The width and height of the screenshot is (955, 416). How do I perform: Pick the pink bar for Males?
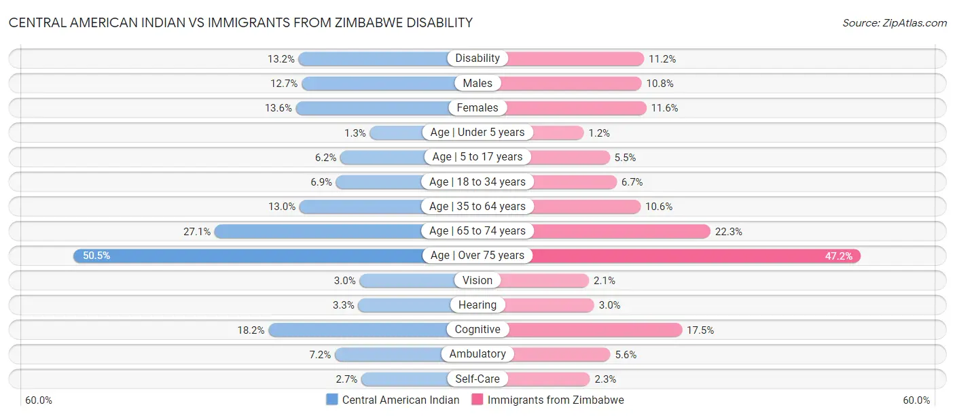pos(571,84)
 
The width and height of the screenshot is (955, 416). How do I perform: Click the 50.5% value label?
pos(96,256)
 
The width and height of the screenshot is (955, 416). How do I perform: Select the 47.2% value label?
pos(838,256)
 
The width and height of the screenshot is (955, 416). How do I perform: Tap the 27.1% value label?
pos(197,231)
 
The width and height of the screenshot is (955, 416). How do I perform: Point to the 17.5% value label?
pos(700,330)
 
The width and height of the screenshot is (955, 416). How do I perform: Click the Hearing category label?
pos(477,305)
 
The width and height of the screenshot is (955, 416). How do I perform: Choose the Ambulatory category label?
pos(477,354)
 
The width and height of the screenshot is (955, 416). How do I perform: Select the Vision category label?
pos(477,280)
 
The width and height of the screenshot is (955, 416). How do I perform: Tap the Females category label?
pos(477,107)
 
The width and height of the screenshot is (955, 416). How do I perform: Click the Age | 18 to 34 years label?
pos(477,181)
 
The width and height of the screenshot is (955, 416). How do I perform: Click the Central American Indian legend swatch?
pos(332,400)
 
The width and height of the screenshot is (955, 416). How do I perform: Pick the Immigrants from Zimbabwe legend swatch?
pos(477,400)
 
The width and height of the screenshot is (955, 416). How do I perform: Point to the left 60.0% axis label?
pos(39,400)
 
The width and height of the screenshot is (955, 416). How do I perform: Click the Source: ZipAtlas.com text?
pos(895,22)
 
